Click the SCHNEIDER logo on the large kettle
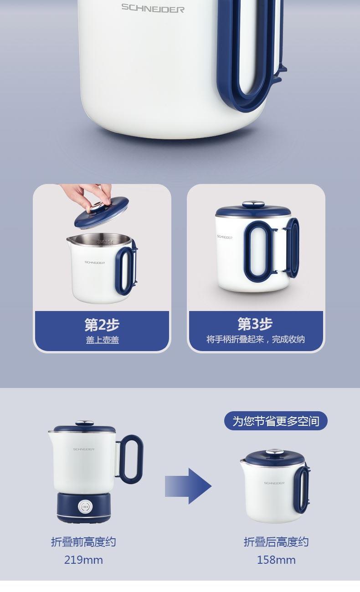153,8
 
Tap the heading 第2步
102,325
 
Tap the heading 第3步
255,324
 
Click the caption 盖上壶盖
103,340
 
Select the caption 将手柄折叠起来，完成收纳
256,339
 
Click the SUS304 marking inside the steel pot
105,241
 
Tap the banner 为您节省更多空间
276,421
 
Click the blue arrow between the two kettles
188,486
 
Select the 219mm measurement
83,560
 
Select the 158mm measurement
276,560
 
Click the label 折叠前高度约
83,542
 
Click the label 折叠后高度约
276,542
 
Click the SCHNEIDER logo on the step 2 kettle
95,262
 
